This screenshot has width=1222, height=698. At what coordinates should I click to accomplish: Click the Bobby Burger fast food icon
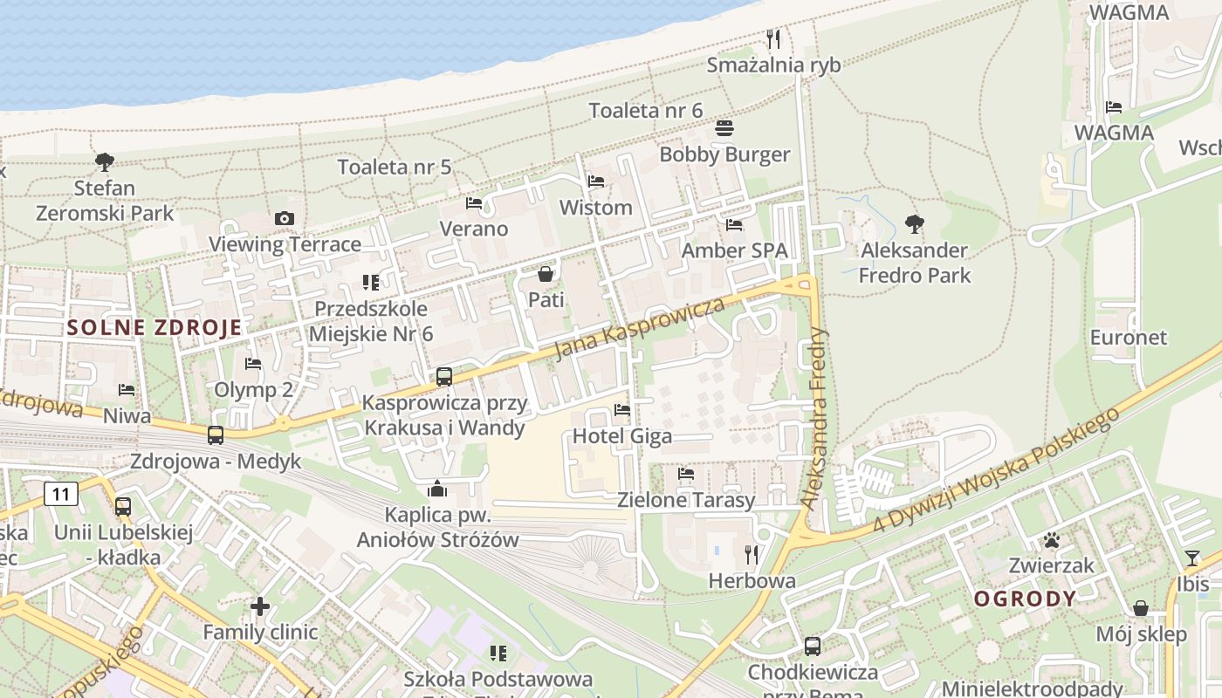pyautogui.click(x=724, y=129)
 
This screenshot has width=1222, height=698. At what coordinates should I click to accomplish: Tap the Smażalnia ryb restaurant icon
pyautogui.click(x=772, y=39)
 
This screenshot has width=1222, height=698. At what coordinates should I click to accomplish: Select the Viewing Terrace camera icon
pyautogui.click(x=285, y=218)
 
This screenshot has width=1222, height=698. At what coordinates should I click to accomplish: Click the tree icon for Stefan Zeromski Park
pyautogui.click(x=105, y=162)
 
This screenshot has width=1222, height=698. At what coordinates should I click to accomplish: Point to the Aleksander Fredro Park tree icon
pyautogui.click(x=914, y=224)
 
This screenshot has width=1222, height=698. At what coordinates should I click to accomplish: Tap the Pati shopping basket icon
pyautogui.click(x=546, y=274)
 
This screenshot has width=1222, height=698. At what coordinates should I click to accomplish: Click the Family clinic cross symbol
pyautogui.click(x=260, y=606)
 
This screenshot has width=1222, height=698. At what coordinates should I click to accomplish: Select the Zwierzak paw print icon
pyautogui.click(x=1051, y=540)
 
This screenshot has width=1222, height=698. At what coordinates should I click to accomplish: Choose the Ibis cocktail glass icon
pyautogui.click(x=1192, y=558)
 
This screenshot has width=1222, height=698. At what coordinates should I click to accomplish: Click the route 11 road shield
pyautogui.click(x=60, y=495)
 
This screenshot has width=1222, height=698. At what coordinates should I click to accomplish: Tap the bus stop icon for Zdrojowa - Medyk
pyautogui.click(x=216, y=435)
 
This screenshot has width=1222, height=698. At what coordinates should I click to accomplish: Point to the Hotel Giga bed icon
pyautogui.click(x=622, y=409)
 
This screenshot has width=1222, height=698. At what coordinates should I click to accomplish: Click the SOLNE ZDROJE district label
pyautogui.click(x=154, y=328)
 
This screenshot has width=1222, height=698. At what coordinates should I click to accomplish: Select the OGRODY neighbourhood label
pyautogui.click(x=1025, y=599)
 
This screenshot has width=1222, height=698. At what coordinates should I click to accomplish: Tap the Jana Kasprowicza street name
pyautogui.click(x=642, y=328)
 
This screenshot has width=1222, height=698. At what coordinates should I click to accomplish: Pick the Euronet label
pyautogui.click(x=1129, y=338)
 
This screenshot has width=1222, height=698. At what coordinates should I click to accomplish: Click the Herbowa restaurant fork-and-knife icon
pyautogui.click(x=751, y=554)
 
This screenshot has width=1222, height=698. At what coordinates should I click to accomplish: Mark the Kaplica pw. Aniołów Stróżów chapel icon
pyautogui.click(x=437, y=489)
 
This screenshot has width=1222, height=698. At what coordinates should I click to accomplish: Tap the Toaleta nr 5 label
pyautogui.click(x=395, y=167)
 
